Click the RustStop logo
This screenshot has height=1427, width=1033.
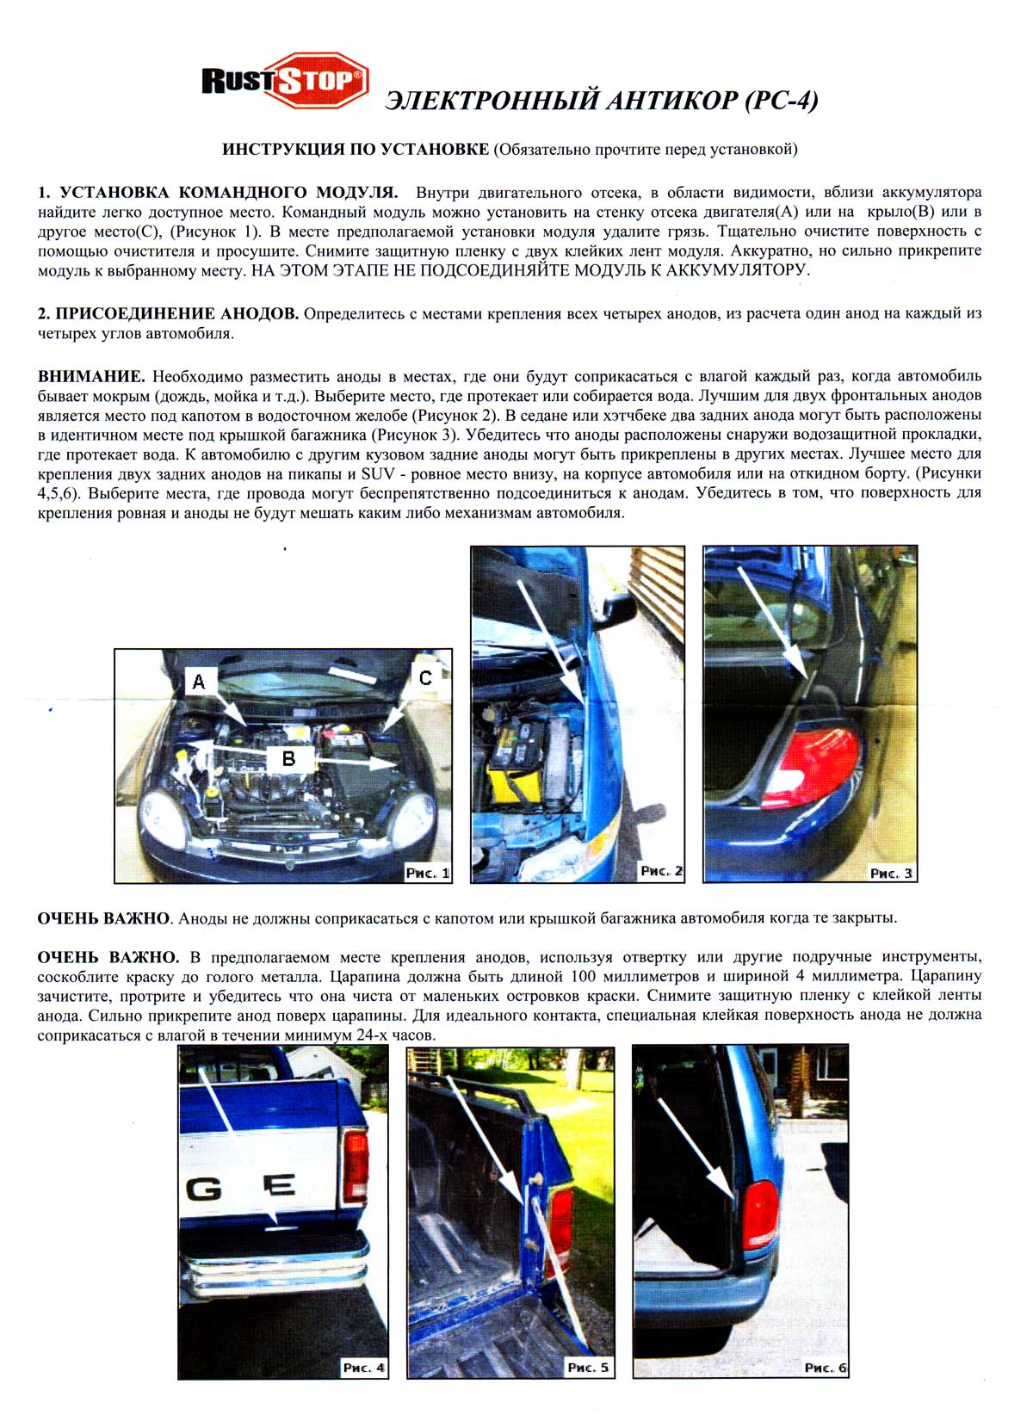pyautogui.click(x=284, y=81)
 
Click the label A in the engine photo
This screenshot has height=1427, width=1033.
pyautogui.click(x=199, y=682)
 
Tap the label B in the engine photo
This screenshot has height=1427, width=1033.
pyautogui.click(x=288, y=758)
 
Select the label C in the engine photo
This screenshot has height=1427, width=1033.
pyautogui.click(x=425, y=678)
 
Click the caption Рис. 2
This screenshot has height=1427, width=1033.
pyautogui.click(x=661, y=871)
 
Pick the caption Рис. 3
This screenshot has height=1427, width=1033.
pyautogui.click(x=892, y=873)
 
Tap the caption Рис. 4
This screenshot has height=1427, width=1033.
pyautogui.click(x=363, y=1368)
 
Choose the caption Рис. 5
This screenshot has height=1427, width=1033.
pyautogui.click(x=588, y=1368)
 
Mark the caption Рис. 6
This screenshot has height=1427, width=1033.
pyautogui.click(x=825, y=1368)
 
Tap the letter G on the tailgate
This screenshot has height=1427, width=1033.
pyautogui.click(x=204, y=1189)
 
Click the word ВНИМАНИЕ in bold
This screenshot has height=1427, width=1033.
pyautogui.click(x=91, y=377)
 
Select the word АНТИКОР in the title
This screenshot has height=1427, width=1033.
pyautogui.click(x=672, y=101)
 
